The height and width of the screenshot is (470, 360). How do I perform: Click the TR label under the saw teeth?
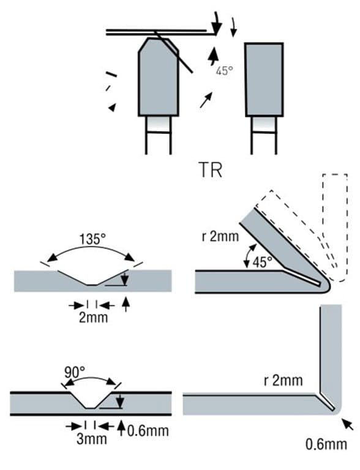pos(210,170)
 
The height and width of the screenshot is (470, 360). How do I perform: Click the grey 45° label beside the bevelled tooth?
pos(224,71)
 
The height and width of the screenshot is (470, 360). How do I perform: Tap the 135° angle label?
pos(92,239)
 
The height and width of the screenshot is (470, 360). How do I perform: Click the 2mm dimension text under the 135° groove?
pos(93,318)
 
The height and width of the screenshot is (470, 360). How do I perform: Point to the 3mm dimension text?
pos(92,439)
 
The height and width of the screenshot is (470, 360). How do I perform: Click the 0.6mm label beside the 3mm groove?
pos(148,431)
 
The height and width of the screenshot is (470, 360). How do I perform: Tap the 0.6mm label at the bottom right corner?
pos(326,444)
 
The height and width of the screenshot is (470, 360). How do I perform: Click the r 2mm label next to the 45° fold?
pos(220,236)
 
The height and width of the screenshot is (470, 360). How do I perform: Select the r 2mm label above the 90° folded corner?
pos(283,381)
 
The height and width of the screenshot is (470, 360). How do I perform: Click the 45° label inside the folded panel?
pos(262,263)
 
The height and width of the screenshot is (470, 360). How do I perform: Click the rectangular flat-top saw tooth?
pos(264,80)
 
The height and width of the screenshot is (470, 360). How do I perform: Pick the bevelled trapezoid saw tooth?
pos(159,77)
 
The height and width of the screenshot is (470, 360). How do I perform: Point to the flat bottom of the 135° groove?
pos(92,285)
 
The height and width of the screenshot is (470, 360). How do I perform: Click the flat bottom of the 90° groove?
pos(90,408)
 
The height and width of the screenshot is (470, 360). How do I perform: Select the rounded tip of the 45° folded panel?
pos(327,285)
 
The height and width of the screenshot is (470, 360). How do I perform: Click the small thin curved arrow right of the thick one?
pos(234,28)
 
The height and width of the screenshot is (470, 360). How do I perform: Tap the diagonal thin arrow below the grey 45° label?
pos(206,100)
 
